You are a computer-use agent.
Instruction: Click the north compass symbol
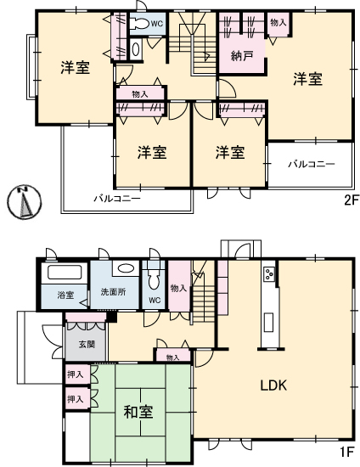pos(25,202)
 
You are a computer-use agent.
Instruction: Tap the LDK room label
pos(273,385)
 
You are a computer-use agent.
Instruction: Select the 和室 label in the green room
pos(138,412)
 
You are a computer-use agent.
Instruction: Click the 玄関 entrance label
pos(87,345)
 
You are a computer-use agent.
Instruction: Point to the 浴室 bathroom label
pos(65,295)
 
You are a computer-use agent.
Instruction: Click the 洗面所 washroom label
pos(113,292)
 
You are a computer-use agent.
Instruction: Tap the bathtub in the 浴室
pos(65,273)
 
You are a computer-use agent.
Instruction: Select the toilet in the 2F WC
pos(141,24)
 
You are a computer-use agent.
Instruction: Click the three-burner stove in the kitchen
pos(269,273)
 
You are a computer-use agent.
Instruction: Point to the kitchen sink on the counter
pos(268,323)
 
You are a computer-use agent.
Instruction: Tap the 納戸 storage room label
pos(242,56)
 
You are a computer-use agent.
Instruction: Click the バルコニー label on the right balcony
pos(312,164)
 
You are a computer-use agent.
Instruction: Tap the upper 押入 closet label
pos(75,374)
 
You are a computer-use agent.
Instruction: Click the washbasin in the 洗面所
pos(126,267)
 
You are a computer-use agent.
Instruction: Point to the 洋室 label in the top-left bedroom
pos(76,67)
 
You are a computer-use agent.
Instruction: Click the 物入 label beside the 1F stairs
pos(178,288)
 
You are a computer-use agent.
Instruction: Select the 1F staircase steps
pos(204,303)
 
